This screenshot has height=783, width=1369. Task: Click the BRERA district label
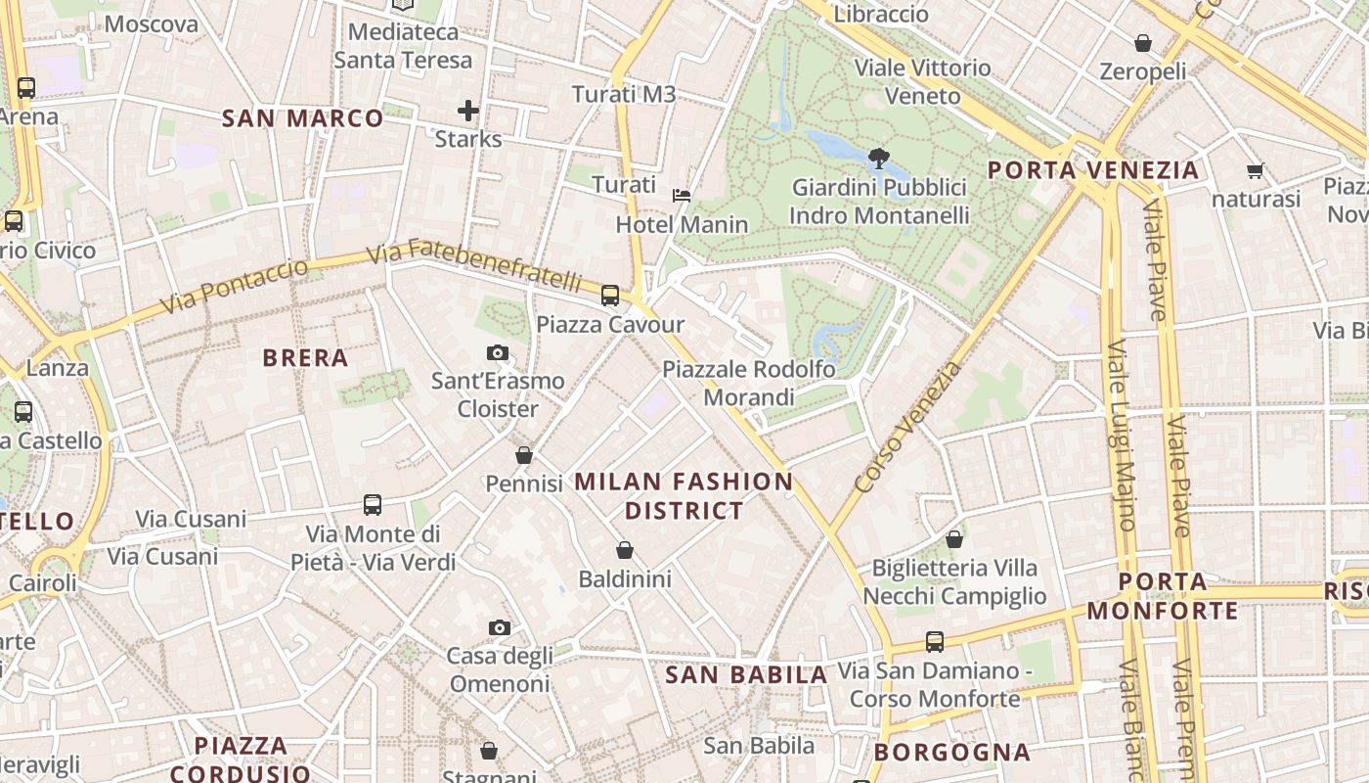(x=305, y=358)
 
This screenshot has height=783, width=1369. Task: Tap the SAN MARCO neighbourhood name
(x=302, y=118)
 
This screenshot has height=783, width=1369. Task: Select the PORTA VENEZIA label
(x=1092, y=170)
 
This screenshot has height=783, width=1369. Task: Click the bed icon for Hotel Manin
(x=682, y=196)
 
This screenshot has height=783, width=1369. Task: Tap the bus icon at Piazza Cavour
(x=610, y=295)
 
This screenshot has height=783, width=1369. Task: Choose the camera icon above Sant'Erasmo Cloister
(x=498, y=352)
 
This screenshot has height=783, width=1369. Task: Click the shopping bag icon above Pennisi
(x=524, y=455)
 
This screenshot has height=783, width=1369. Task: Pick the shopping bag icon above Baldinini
(x=625, y=551)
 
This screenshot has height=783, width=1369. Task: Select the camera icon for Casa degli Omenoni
(x=499, y=627)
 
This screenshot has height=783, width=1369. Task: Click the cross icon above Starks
(x=468, y=111)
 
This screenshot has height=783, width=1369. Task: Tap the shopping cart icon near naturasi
(x=1256, y=171)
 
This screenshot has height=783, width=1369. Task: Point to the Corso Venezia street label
(x=907, y=427)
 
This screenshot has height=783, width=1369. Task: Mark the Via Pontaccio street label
(x=234, y=286)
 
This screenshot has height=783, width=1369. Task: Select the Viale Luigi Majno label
(x=1121, y=435)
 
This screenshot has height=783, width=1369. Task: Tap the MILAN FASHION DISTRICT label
(x=684, y=495)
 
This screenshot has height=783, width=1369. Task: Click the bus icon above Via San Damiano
(x=935, y=642)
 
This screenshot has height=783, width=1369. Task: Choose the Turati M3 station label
(x=624, y=94)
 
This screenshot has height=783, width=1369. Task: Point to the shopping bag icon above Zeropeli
(x=1142, y=43)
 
